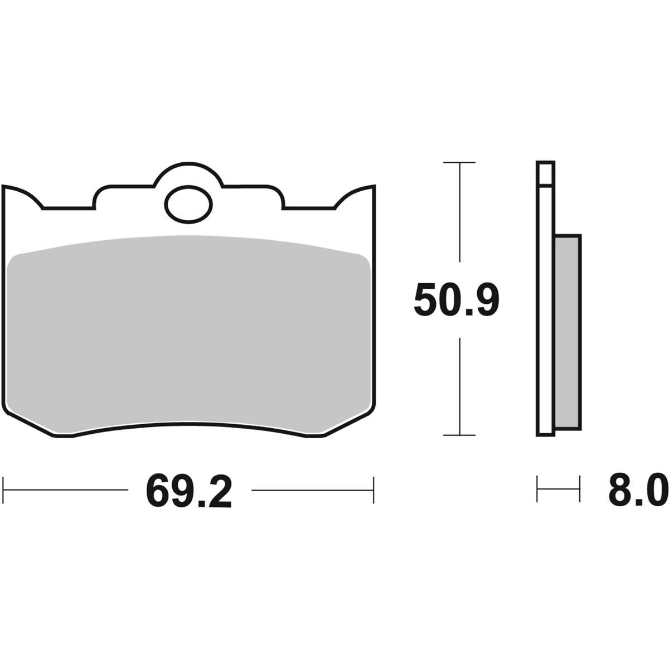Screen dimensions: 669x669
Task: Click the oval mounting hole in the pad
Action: (188, 205)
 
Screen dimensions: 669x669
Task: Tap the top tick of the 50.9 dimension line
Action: (459, 162)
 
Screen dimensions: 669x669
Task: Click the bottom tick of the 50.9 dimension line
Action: (459, 435)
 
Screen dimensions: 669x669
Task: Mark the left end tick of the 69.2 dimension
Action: (3, 490)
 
